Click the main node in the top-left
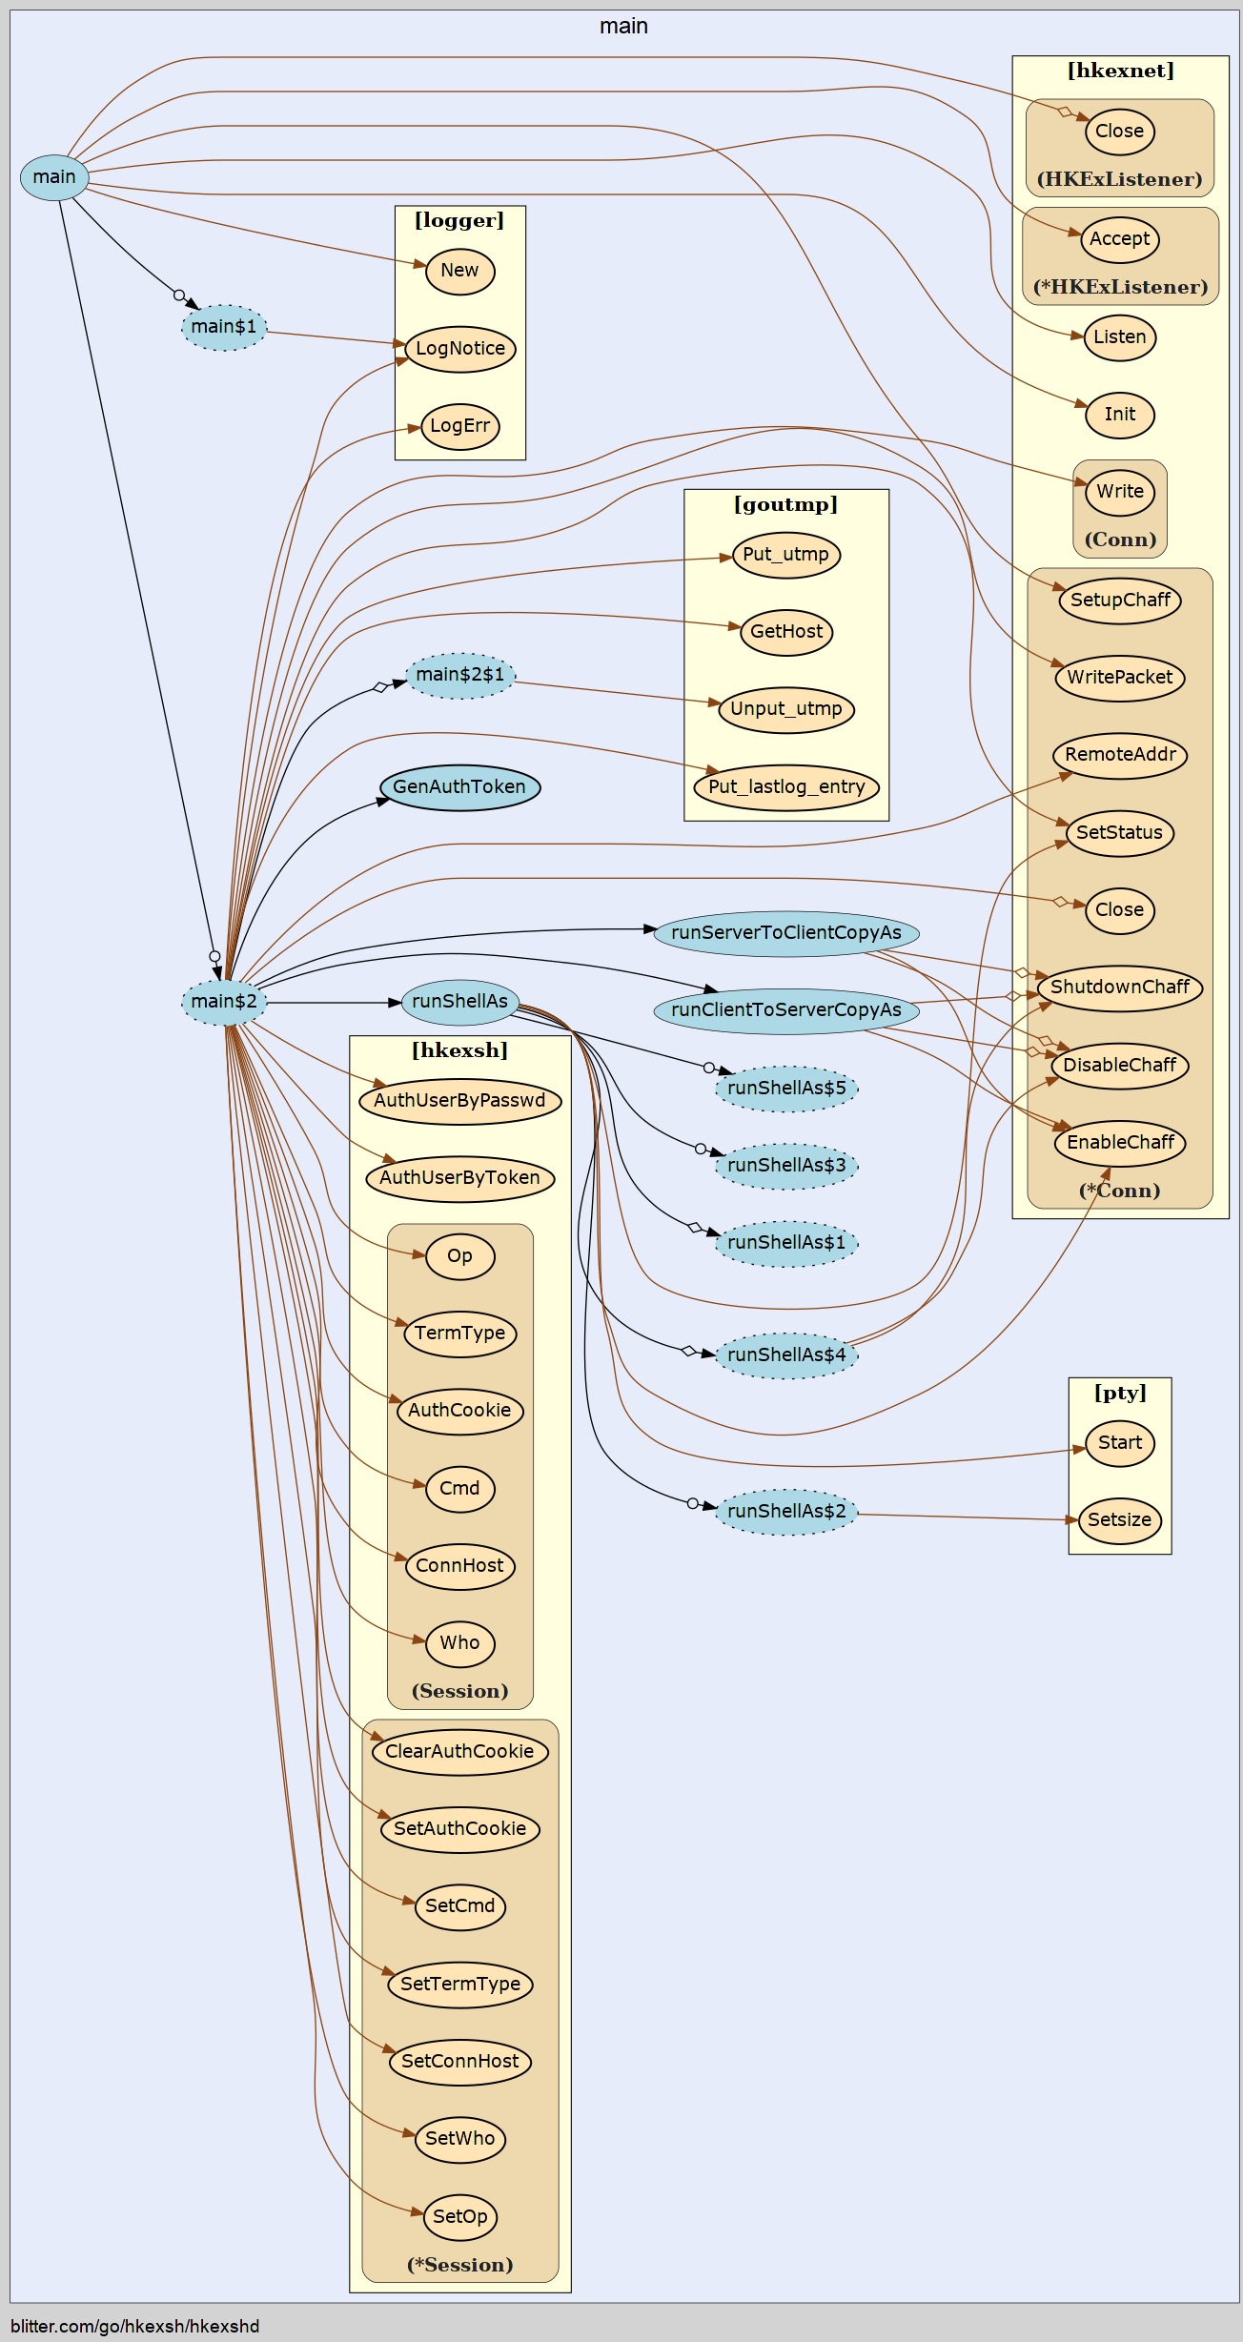point(54,177)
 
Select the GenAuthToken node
point(459,787)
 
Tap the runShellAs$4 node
point(786,1354)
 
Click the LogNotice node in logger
point(460,349)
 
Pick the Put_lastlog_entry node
point(786,787)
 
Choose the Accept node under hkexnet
point(1119,239)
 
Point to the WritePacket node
point(1119,678)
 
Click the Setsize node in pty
point(1119,1520)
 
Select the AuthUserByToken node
point(459,1178)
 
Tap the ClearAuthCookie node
point(459,1752)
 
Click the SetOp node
point(459,2217)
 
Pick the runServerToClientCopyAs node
point(786,933)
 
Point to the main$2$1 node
point(460,675)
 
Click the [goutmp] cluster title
point(785,504)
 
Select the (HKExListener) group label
point(1119,179)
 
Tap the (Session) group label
point(459,1691)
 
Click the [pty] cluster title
point(1119,1393)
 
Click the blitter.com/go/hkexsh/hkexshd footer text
point(135,2326)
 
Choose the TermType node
point(459,1334)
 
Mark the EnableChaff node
point(1120,1143)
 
